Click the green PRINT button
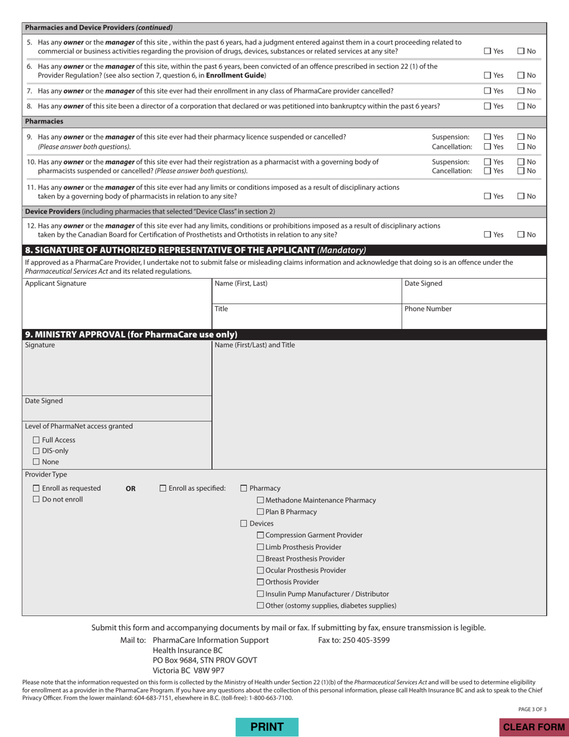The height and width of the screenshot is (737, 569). point(267,727)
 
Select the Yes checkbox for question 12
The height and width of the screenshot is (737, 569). point(488,234)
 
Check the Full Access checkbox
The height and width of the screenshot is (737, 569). point(37,440)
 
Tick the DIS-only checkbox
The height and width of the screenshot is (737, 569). point(37,451)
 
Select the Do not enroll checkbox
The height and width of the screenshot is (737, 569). point(37,499)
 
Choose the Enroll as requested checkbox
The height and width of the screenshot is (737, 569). point(37,488)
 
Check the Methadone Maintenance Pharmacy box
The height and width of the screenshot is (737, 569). point(261,500)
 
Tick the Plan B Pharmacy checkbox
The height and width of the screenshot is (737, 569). point(261,512)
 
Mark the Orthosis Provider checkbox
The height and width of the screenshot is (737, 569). point(261,582)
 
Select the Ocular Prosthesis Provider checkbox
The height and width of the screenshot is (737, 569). point(261,570)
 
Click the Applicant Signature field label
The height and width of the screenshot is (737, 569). point(55,283)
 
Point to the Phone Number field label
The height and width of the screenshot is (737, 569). point(428,309)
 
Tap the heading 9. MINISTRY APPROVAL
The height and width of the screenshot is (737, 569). point(131,334)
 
